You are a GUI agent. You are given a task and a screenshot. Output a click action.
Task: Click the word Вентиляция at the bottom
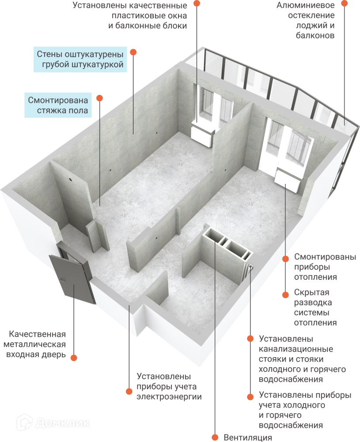coord(247,438)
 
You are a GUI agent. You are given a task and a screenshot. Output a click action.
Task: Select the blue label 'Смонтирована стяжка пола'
coord(59,105)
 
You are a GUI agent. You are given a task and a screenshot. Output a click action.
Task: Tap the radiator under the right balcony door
coord(288,180)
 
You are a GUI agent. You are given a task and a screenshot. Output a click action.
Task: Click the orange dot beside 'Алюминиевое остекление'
coord(345,3)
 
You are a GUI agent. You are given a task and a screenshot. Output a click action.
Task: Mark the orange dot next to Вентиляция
coord(216,438)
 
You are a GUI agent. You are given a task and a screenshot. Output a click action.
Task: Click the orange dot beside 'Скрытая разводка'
coord(285,293)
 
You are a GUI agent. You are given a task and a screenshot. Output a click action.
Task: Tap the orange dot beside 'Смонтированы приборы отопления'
coord(285,258)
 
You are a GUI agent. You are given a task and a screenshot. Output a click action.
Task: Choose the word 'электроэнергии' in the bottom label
coord(169,397)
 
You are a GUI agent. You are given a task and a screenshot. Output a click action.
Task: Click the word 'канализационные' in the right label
coord(296,349)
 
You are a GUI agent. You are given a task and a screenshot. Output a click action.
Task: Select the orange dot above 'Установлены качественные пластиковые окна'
coord(197,3)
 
